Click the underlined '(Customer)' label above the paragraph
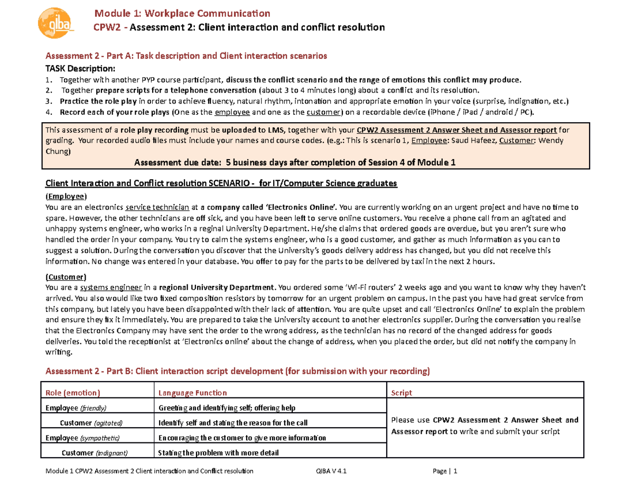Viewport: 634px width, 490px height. point(66,277)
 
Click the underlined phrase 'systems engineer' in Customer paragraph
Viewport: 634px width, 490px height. point(111,288)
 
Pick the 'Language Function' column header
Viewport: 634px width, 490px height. point(193,393)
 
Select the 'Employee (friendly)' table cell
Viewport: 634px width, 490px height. point(76,408)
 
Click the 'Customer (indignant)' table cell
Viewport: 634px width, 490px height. point(95,452)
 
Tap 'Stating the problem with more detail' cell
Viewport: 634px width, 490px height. point(219,452)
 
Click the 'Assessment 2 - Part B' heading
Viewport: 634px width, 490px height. point(238,371)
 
